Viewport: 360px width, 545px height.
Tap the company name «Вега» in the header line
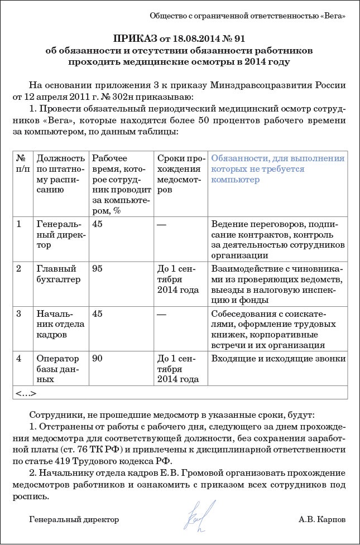(x=333, y=16)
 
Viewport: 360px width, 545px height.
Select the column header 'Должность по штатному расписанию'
(x=60, y=174)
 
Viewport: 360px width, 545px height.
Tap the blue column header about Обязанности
(x=277, y=169)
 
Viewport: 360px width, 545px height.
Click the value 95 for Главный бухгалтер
(x=98, y=268)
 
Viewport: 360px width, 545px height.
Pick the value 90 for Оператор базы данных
(x=98, y=358)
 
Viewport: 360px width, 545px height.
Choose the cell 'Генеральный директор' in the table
(x=60, y=234)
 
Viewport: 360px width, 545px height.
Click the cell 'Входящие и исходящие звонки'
(x=277, y=358)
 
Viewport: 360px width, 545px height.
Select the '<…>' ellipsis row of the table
(x=26, y=393)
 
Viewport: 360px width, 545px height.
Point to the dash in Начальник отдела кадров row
(x=162, y=314)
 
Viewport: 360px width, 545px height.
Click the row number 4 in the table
(x=19, y=358)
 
